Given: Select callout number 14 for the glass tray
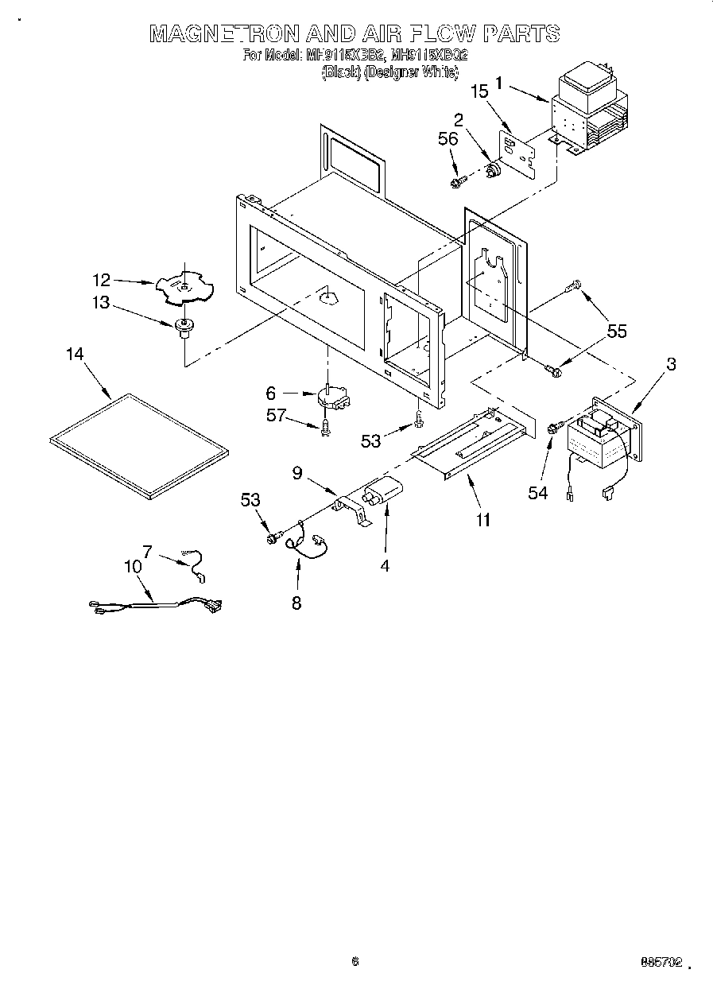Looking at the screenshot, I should pyautogui.click(x=75, y=355).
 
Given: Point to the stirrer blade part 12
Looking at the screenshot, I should pyautogui.click(x=185, y=286).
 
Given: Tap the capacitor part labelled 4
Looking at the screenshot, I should pyautogui.click(x=380, y=494).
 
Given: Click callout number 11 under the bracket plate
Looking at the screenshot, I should pyautogui.click(x=482, y=521).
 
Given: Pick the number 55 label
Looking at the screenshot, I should pyautogui.click(x=617, y=332).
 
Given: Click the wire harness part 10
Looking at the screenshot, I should pyautogui.click(x=159, y=605).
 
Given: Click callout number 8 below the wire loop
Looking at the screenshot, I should pyautogui.click(x=296, y=603).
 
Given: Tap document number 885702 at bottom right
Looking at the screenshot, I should pyautogui.click(x=661, y=963).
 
